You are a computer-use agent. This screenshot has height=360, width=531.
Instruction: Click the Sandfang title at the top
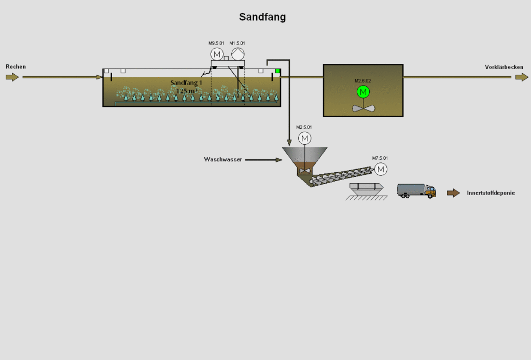point(262,17)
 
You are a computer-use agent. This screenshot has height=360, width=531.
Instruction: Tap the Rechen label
point(16,67)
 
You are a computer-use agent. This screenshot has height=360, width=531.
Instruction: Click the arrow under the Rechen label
point(12,77)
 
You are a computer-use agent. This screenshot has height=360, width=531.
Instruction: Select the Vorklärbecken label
point(504,67)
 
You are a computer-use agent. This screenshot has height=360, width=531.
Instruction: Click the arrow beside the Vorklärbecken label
point(522,77)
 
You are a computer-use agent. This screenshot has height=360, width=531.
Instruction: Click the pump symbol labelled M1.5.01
point(237,54)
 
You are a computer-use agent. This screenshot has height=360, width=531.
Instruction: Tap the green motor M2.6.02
point(364,92)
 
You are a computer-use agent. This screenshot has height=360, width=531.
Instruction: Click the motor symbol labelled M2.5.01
point(304,138)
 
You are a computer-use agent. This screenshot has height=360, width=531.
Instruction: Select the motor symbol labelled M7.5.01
point(381,169)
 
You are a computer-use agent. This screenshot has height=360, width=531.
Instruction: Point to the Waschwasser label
point(222,159)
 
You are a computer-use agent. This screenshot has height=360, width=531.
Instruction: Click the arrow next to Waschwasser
point(263,160)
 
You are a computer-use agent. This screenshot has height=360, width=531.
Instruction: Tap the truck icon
point(416,190)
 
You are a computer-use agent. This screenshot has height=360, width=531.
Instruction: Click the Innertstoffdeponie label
point(491,193)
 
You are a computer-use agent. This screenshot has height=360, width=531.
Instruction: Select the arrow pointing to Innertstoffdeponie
point(453,193)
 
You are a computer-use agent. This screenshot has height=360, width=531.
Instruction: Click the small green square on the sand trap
point(278,71)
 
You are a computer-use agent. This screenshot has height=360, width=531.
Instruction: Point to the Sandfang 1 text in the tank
point(186,82)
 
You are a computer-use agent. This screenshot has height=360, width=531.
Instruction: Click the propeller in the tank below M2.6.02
point(364,108)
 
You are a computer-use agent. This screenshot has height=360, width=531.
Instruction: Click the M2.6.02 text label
point(364,81)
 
